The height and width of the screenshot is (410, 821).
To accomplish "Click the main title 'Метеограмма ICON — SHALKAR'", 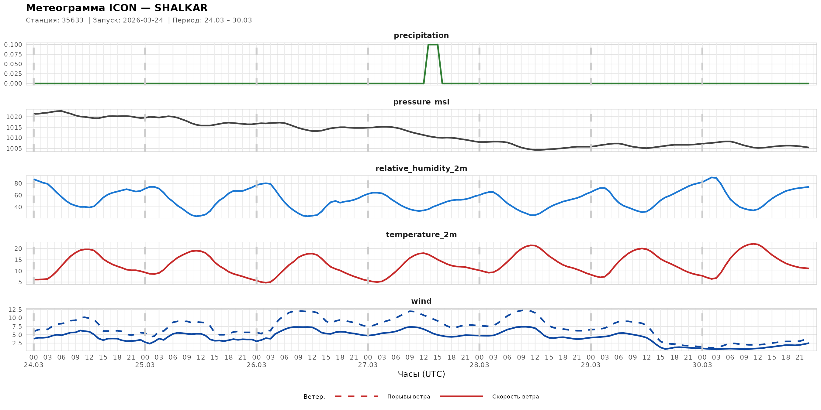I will (117, 8).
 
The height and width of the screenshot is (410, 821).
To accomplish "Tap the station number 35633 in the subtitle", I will (73, 20).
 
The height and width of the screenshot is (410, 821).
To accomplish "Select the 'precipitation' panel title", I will (421, 35).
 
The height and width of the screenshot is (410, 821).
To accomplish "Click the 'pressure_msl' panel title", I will (421, 102).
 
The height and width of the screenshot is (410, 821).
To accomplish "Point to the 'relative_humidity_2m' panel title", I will (421, 168).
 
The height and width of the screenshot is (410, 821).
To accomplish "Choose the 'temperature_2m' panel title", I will (421, 234).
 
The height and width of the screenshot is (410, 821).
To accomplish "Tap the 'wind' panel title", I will (421, 301).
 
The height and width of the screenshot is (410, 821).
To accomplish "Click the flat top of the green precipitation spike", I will (433, 45).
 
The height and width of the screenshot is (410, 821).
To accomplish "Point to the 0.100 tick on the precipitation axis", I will (13, 45).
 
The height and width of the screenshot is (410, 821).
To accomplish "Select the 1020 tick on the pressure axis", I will (14, 117).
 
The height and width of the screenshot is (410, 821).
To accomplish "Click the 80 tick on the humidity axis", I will (18, 183).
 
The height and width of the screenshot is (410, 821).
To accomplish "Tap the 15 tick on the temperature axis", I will (18, 260).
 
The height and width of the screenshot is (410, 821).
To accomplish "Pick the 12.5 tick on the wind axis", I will (15, 310).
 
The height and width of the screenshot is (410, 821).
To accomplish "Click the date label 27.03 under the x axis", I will (368, 365).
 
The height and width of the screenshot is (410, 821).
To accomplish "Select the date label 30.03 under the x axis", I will (702, 365).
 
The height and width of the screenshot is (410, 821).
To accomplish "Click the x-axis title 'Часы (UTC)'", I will (421, 374).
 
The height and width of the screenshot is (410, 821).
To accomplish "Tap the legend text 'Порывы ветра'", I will (409, 397).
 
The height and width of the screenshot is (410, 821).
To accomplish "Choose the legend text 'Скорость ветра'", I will (515, 397).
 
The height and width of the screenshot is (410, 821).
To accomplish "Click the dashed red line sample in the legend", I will (356, 396).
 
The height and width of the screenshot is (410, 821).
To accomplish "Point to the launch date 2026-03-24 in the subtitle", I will (143, 20).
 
